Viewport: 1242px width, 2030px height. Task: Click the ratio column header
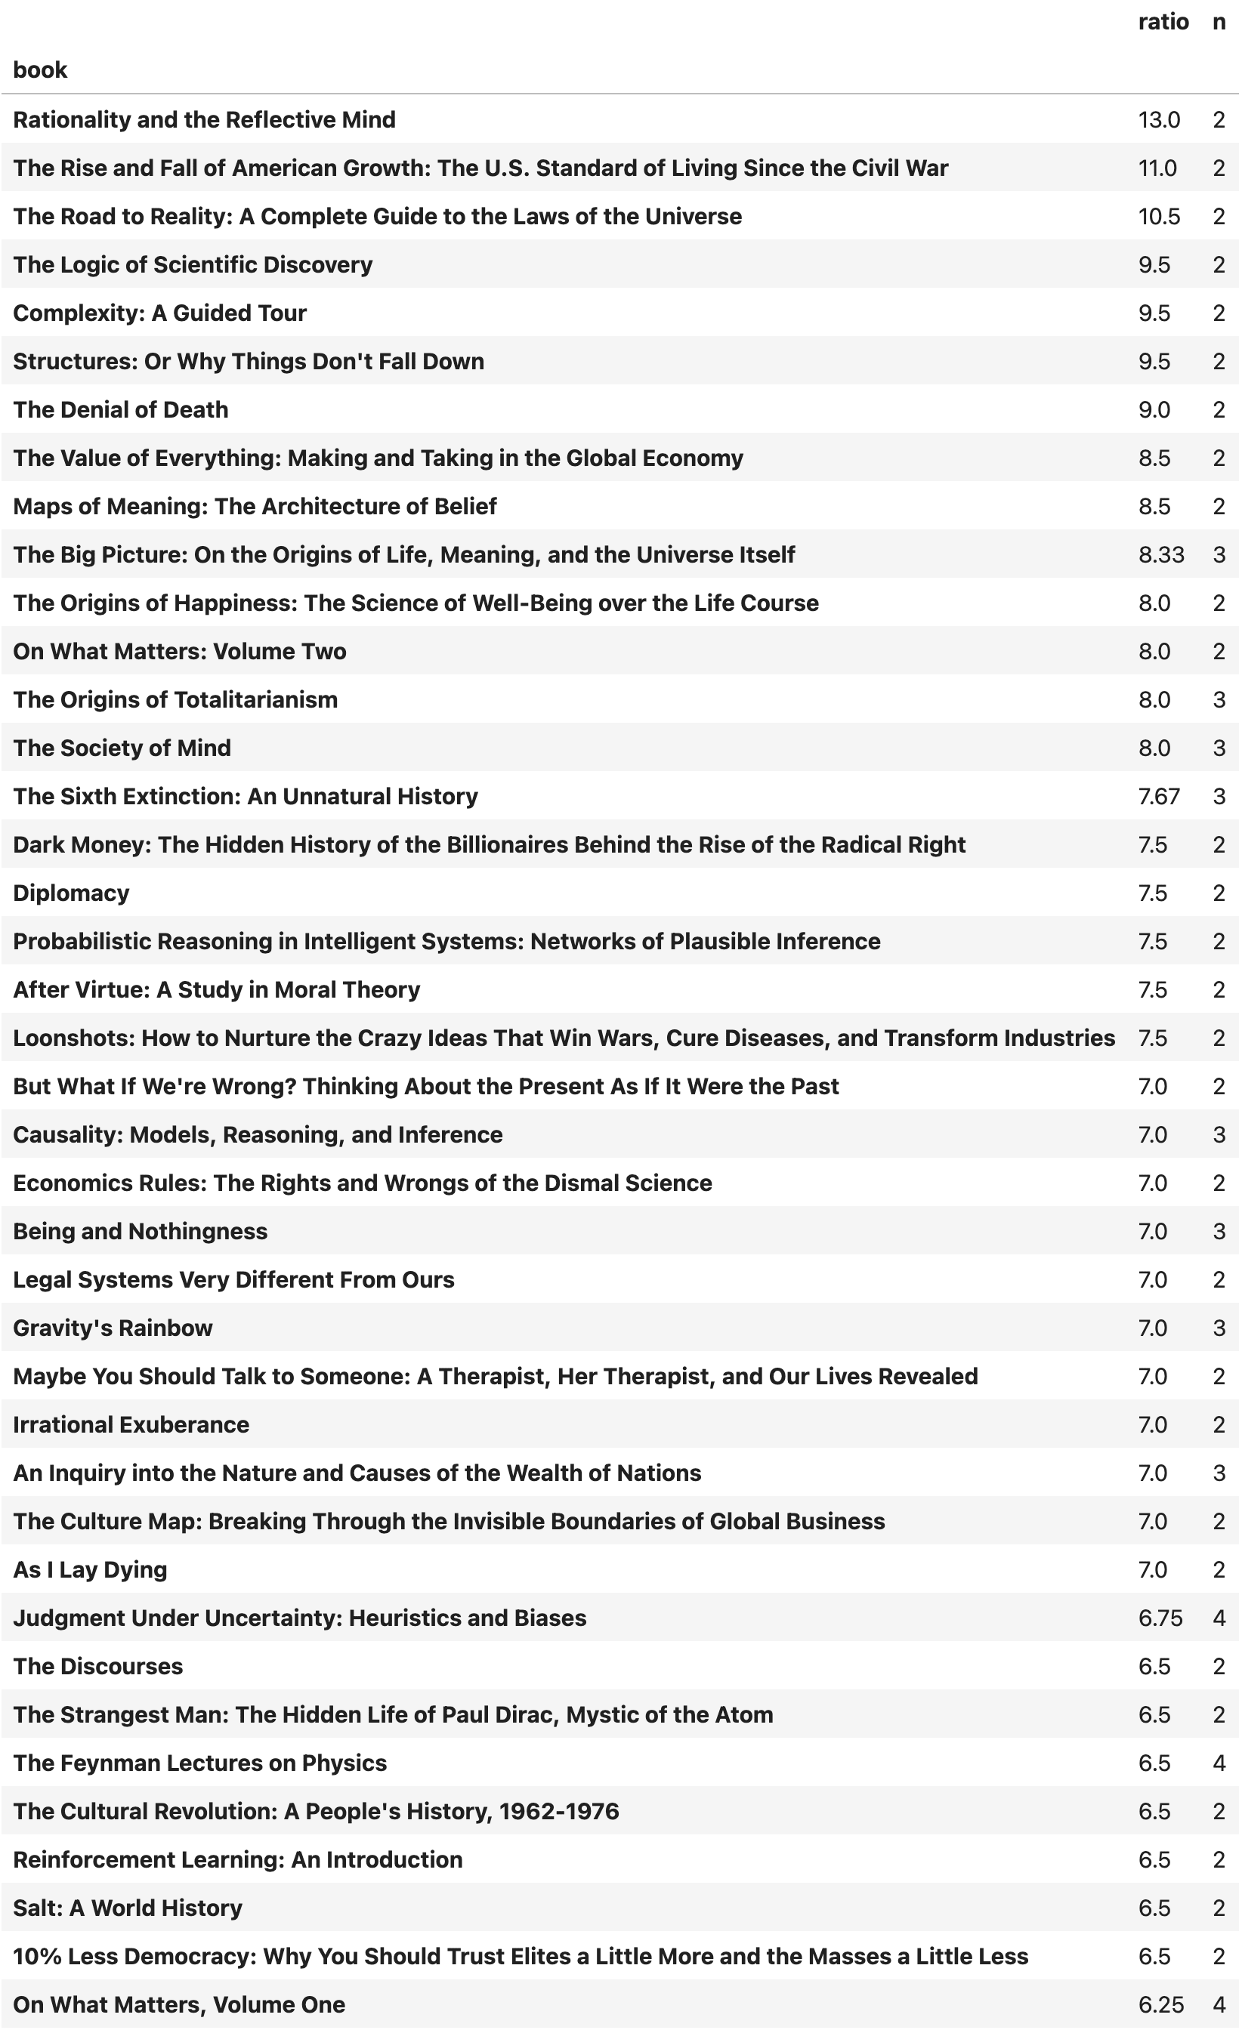1163,22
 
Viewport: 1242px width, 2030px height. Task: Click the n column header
1219,22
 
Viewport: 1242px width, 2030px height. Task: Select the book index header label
40,70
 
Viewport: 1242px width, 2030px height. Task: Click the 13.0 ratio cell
1159,120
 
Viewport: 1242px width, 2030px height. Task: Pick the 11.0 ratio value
1157,168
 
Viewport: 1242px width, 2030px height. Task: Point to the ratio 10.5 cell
1159,217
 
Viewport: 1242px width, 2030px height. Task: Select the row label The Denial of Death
121,410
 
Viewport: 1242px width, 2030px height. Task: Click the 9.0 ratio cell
1154,410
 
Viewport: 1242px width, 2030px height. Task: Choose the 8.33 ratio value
1161,555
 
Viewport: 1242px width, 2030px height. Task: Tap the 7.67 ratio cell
1159,797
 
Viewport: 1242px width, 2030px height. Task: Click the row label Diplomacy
72,893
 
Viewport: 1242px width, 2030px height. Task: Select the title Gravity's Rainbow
113,1328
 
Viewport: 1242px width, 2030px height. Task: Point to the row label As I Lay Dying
91,1569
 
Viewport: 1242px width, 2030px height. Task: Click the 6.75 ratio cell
1160,1618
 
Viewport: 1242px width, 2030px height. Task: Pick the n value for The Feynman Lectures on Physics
1219,1763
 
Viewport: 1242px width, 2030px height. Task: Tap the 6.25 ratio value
1160,2004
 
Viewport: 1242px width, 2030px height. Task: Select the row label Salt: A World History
128,1908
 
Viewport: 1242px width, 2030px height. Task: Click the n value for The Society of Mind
1219,748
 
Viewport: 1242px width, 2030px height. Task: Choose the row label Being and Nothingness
140,1232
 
